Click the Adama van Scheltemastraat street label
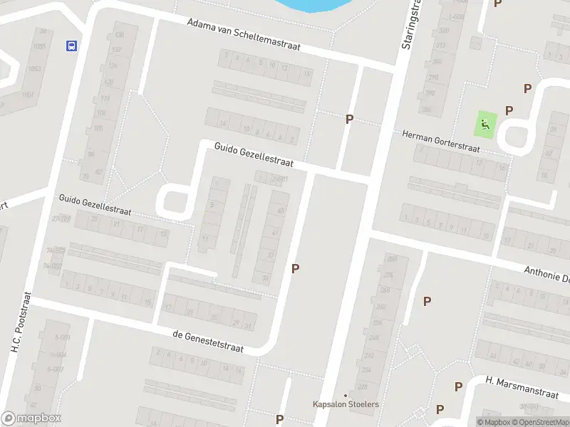[243, 34]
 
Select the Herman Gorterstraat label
[442, 142]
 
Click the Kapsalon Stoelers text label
[346, 404]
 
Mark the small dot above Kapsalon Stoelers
[346, 395]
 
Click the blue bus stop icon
[71, 46]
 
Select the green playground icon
[485, 125]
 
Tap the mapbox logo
[31, 418]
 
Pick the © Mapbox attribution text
[494, 422]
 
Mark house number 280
[391, 258]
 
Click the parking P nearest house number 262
[427, 301]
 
